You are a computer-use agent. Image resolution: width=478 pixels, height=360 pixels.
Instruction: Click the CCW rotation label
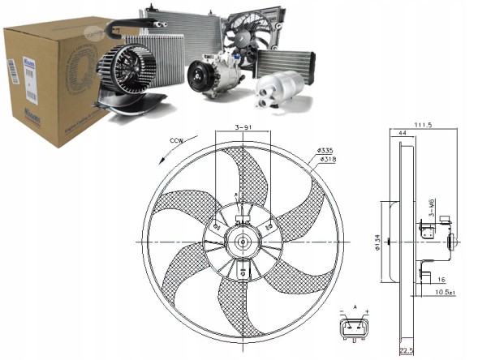point(175,143)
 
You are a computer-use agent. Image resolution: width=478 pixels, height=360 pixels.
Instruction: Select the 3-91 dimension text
point(244,128)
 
